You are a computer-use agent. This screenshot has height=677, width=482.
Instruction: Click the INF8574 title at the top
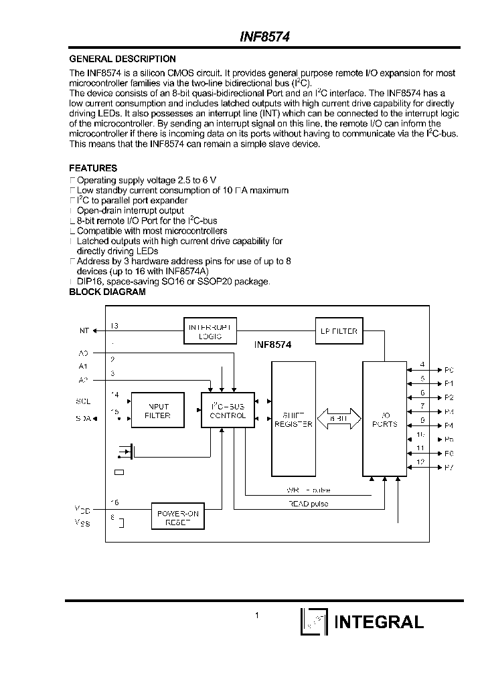point(264,39)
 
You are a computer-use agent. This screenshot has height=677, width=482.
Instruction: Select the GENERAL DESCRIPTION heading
point(123,59)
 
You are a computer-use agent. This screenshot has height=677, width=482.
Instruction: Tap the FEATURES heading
point(93,169)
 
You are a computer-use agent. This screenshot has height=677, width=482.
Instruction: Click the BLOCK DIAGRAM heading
point(107,292)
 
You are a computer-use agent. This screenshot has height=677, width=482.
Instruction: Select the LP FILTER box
point(339,331)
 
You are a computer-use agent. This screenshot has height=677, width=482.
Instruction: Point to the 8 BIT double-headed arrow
point(338,420)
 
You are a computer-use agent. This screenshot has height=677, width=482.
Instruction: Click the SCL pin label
point(83,401)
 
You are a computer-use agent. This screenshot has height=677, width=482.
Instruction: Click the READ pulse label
point(308,504)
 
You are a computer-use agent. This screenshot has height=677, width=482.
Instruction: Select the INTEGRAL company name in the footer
point(379,621)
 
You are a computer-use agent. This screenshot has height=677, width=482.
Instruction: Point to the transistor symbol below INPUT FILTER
point(125,453)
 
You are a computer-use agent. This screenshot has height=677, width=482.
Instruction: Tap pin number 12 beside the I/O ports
point(420,462)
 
